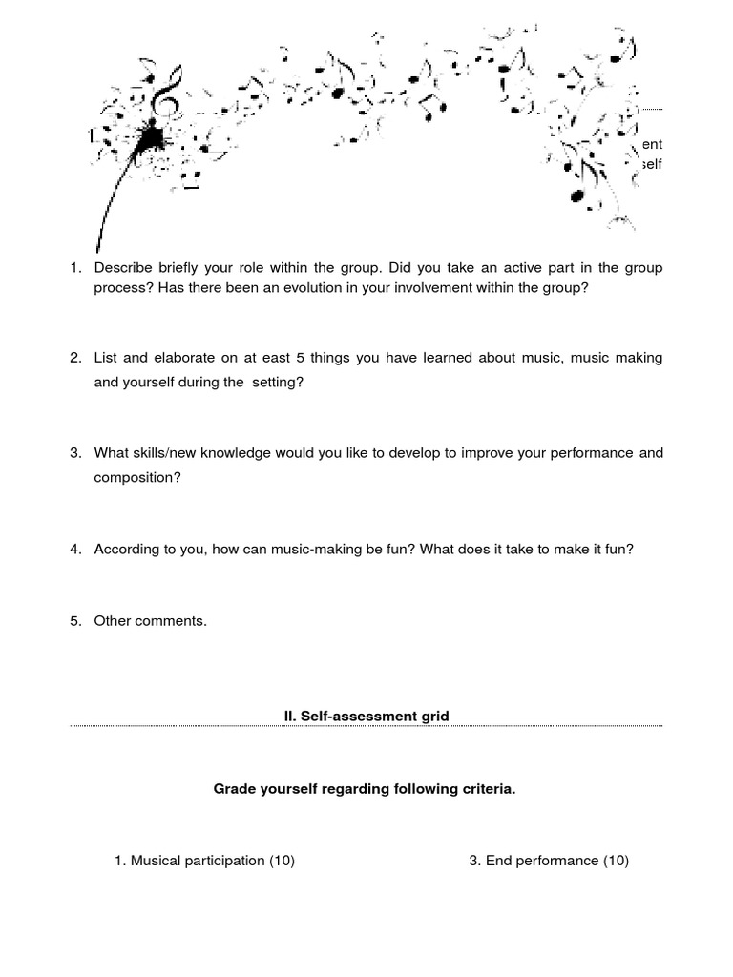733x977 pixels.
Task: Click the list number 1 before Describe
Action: [75, 268]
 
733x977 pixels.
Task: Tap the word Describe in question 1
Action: [124, 268]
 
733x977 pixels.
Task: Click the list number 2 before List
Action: [75, 358]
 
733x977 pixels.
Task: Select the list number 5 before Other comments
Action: [75, 621]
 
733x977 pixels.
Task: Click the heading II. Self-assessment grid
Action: [366, 716]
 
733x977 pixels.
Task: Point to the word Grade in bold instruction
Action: [234, 790]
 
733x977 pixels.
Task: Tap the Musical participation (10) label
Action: [204, 861]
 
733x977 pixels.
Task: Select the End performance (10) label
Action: [549, 861]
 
